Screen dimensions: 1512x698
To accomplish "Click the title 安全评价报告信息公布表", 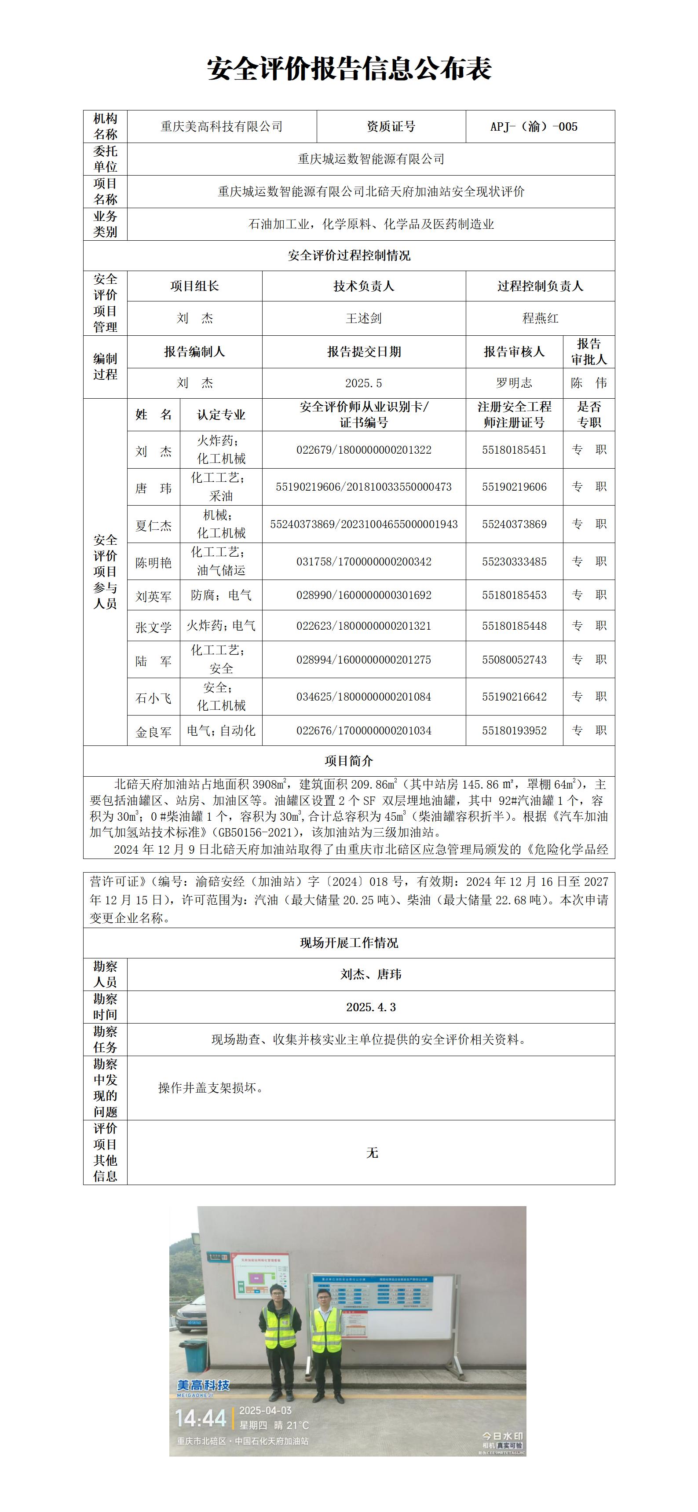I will click(349, 69).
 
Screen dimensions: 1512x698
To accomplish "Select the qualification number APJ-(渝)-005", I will click(534, 127).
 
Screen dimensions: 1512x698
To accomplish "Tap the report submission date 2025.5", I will click(364, 383).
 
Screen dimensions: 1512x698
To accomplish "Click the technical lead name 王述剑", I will click(364, 318).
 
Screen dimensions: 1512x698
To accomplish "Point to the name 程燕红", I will click(540, 318).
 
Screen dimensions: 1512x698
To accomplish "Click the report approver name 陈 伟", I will click(588, 383).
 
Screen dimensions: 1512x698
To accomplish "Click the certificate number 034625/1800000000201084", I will click(364, 697).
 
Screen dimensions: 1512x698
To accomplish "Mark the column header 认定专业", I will click(221, 415).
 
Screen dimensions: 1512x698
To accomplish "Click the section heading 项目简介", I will click(349, 761).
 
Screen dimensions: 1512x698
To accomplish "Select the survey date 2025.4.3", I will click(371, 1007).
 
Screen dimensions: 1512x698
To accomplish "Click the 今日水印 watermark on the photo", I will click(502, 1436).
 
